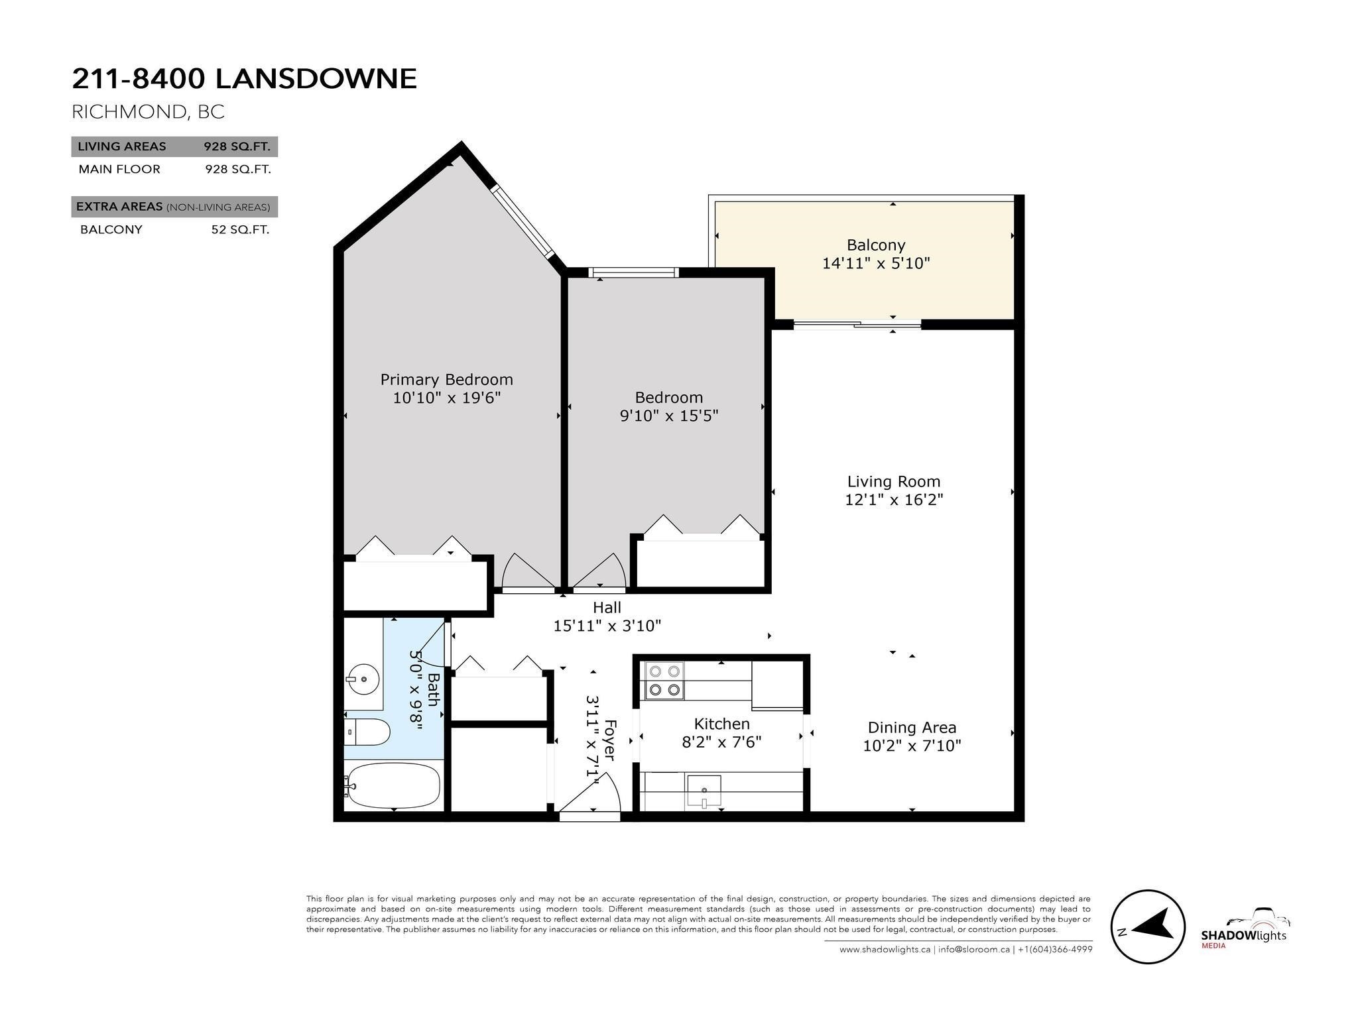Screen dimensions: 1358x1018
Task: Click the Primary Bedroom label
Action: tap(446, 380)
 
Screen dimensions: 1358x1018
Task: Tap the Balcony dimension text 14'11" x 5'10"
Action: tap(876, 263)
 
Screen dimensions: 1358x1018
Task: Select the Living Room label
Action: tap(894, 482)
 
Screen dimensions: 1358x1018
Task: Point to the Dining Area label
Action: tap(912, 728)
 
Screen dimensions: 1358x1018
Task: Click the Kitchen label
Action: tap(721, 724)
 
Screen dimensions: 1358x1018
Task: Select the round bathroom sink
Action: tap(363, 679)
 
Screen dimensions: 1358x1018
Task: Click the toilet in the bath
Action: tap(367, 732)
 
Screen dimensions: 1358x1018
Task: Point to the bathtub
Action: tap(393, 785)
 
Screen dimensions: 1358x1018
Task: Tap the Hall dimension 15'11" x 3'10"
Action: tap(607, 626)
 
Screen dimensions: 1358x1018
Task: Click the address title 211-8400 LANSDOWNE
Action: tap(245, 78)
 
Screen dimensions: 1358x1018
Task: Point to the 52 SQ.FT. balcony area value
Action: tap(240, 230)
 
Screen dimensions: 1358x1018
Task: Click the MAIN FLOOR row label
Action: tap(119, 169)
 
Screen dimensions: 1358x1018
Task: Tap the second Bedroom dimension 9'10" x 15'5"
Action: tap(669, 416)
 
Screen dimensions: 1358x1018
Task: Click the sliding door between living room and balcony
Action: tap(857, 325)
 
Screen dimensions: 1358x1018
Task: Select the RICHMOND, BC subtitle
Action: tap(148, 111)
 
